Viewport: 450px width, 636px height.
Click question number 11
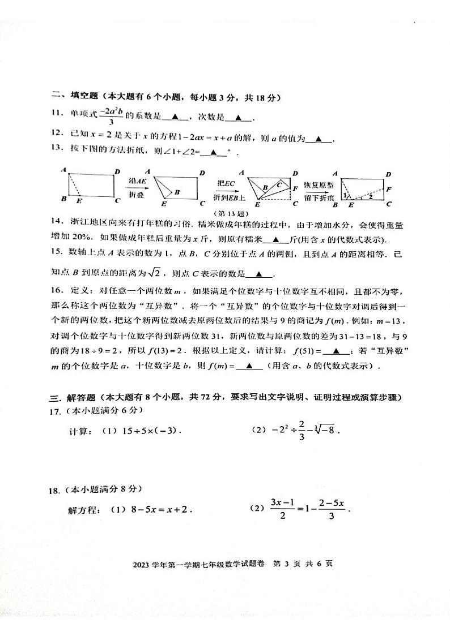(56, 113)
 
